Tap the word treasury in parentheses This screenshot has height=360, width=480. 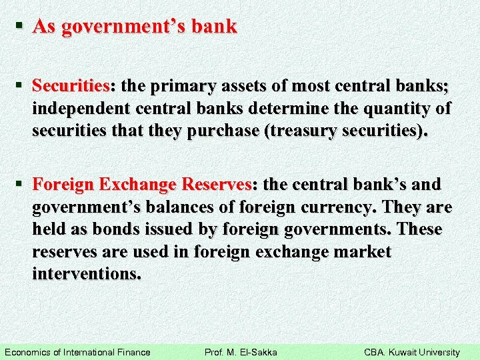point(305,131)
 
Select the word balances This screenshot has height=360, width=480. point(169,207)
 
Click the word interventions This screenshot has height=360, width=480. point(86,274)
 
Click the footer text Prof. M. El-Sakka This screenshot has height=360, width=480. point(241,352)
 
